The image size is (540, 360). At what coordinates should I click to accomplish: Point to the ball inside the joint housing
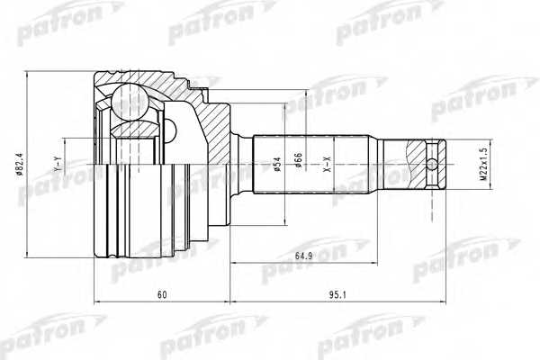(x=130, y=102)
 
